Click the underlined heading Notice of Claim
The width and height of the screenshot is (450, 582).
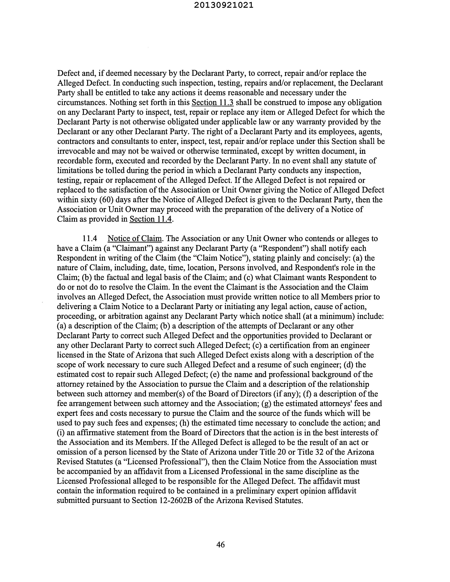(135, 238)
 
